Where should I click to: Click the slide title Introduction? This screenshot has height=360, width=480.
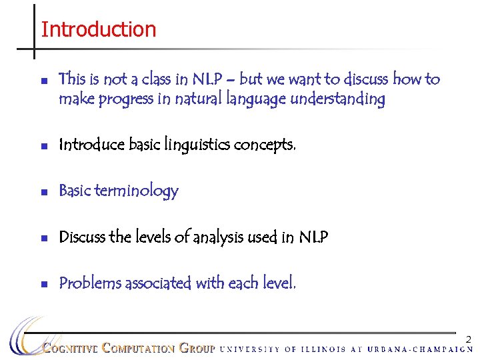[x=98, y=29]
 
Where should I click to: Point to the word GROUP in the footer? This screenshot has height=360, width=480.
[x=197, y=348]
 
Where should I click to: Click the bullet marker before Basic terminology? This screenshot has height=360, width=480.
[x=43, y=192]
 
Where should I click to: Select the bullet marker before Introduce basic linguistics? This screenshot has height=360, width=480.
[x=43, y=146]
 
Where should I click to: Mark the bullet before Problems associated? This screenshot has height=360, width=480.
[x=43, y=284]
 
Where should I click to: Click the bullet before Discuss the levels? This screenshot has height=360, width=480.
[x=43, y=238]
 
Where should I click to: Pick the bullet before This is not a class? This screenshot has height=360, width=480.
[x=43, y=81]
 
